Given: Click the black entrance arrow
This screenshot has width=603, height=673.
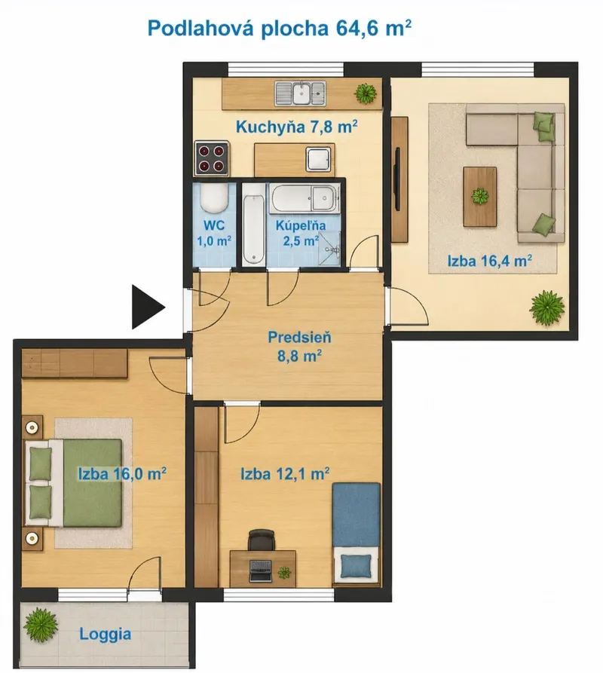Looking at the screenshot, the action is point(146,307).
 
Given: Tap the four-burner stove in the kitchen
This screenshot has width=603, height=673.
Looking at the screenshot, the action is point(211,158).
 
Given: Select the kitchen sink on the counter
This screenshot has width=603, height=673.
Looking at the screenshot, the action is point(300,93).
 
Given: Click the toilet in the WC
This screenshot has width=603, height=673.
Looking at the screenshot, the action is point(214,199).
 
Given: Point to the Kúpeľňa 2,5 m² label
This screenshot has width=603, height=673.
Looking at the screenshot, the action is point(301,233).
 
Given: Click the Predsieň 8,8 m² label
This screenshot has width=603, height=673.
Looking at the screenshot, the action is point(299,347).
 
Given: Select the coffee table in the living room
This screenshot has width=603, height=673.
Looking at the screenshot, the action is point(480,197).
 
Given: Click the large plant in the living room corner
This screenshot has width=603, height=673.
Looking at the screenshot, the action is point(546,307).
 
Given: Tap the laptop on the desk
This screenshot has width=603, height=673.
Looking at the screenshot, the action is point(261,571).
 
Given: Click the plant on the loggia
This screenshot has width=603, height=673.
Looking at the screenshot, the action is point(41,625).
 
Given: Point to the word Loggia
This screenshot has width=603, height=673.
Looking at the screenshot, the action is point(106,634).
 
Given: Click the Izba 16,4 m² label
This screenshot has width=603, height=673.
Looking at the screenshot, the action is point(490,261).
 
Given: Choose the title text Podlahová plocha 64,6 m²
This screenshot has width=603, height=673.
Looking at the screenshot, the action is point(280,29).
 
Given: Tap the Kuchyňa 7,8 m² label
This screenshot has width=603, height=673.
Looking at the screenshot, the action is point(296,127).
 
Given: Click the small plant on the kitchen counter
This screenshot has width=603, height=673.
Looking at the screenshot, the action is point(366,93).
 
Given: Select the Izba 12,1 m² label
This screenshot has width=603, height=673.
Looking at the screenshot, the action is point(285,474).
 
